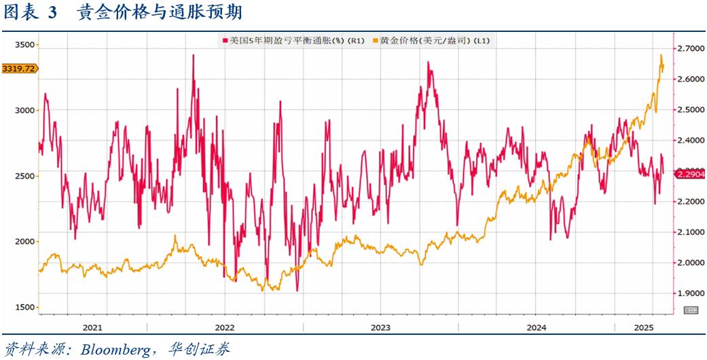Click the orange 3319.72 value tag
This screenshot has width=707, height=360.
point(19,69)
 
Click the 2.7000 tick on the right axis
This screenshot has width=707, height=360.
point(688,49)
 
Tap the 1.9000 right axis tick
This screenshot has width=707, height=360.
point(688,293)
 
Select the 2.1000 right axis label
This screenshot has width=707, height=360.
point(688,232)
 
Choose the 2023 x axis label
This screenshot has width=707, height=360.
point(380,327)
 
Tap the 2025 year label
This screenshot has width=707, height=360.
point(642,327)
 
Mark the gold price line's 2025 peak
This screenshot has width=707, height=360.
point(661,55)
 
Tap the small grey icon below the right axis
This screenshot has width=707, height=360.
point(691,310)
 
